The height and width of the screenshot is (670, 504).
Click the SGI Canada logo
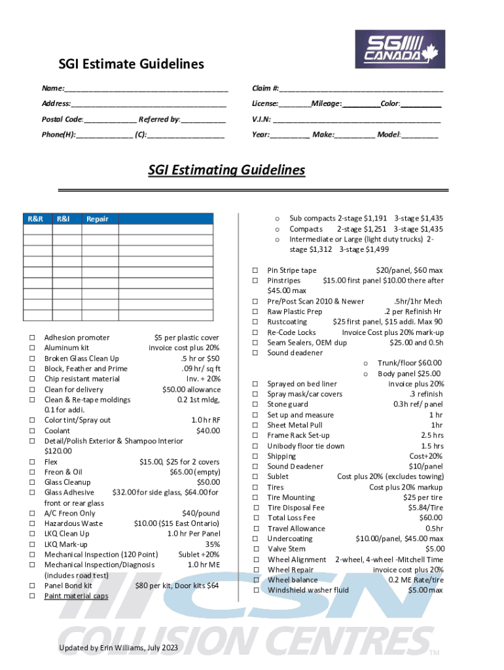click(x=400, y=49)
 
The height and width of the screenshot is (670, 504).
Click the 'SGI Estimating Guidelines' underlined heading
click(x=226, y=170)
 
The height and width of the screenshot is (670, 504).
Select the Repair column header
click(x=98, y=219)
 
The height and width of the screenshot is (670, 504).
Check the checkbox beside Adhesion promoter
click(x=31, y=338)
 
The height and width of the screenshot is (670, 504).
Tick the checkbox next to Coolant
click(x=31, y=431)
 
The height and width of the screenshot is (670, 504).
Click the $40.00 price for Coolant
click(x=208, y=431)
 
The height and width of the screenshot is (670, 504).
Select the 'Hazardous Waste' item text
click(x=73, y=523)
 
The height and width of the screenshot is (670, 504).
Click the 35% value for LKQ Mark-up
click(x=213, y=544)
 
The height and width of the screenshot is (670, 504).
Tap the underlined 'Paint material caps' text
click(x=76, y=596)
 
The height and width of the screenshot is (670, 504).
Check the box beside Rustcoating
click(x=255, y=322)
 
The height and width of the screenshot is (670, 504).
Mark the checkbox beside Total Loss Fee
click(x=255, y=518)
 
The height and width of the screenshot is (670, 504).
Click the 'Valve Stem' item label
click(x=286, y=549)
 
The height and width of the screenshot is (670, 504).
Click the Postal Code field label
click(x=62, y=120)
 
